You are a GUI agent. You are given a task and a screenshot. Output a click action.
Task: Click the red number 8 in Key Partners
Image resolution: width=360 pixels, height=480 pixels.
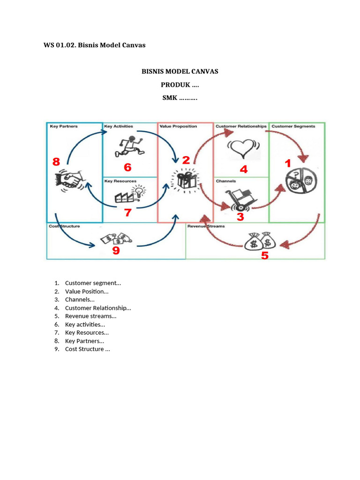pyautogui.click(x=56, y=162)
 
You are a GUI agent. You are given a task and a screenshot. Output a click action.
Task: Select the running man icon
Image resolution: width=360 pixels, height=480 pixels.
pyautogui.click(x=129, y=146)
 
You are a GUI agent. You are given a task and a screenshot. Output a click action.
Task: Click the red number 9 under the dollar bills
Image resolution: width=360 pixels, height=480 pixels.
pyautogui.click(x=115, y=251)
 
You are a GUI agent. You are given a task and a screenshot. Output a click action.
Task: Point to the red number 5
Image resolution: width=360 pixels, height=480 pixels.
pyautogui.click(x=265, y=256)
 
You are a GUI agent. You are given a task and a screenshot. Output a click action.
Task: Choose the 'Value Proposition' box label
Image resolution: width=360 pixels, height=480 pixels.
pyautogui.click(x=178, y=126)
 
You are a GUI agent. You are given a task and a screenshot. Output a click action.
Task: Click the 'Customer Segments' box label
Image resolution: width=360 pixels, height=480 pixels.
pyautogui.click(x=293, y=126)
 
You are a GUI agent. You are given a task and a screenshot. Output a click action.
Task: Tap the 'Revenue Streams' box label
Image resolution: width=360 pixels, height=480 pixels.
pyautogui.click(x=206, y=226)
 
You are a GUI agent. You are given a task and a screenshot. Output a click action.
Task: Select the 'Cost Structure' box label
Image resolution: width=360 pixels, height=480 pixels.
pyautogui.click(x=64, y=226)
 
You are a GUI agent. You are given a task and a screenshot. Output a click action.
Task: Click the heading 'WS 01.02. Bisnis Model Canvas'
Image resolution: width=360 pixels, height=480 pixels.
pyautogui.click(x=94, y=45)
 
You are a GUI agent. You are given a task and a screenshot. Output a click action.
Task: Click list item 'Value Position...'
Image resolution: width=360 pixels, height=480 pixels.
pyautogui.click(x=87, y=292)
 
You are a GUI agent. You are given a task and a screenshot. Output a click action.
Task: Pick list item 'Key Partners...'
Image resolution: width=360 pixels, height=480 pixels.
pyautogui.click(x=84, y=341)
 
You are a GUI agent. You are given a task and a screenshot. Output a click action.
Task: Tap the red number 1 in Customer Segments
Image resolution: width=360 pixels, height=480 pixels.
pyautogui.click(x=288, y=163)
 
